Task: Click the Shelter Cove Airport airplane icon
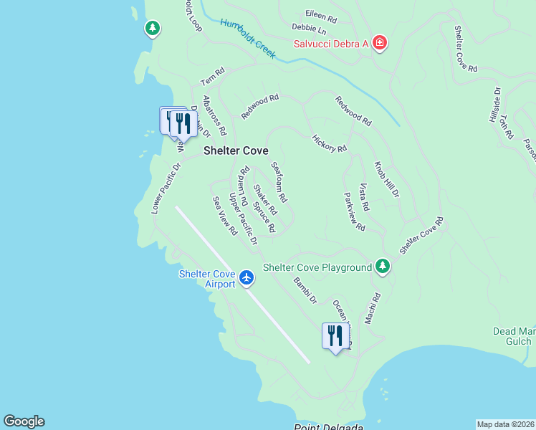(x=247, y=277)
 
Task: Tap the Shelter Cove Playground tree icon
(x=383, y=267)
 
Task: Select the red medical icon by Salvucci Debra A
(x=379, y=44)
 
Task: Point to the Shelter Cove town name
(x=236, y=150)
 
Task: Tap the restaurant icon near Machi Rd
(x=335, y=335)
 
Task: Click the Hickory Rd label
(x=330, y=143)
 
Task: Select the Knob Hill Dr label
(x=387, y=179)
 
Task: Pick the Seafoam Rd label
(x=279, y=181)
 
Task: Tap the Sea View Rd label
(x=224, y=216)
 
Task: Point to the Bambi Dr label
(x=305, y=290)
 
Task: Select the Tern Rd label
(x=213, y=75)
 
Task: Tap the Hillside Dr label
(x=497, y=105)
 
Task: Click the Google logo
(x=24, y=421)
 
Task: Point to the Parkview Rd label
(x=354, y=211)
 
